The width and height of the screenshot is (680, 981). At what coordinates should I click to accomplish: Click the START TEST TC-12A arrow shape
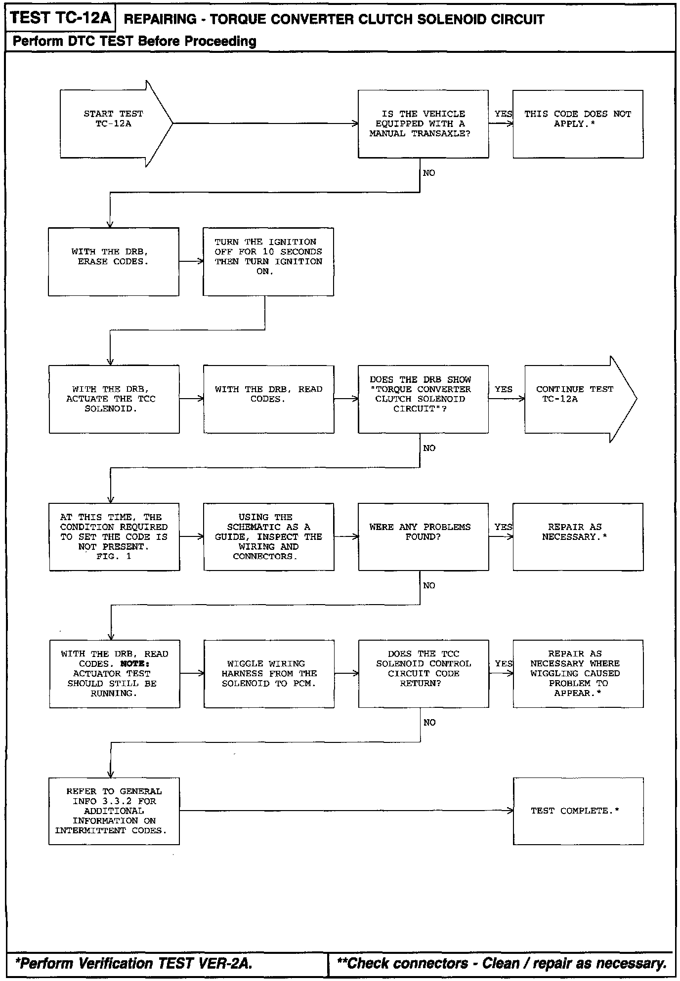114,123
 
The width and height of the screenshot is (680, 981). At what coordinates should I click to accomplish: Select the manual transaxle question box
423,124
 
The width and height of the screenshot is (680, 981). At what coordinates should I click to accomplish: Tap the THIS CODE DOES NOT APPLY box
578,124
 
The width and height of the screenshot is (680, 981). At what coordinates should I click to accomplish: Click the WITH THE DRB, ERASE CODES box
113,261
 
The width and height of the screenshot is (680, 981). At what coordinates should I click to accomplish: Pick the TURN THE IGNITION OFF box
268,261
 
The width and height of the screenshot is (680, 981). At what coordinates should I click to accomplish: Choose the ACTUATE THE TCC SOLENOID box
114,399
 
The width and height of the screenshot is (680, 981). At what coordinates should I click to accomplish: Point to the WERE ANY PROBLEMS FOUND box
423,536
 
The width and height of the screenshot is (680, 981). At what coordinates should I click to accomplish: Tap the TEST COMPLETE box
578,811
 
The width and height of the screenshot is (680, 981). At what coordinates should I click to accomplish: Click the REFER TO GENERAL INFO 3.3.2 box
114,811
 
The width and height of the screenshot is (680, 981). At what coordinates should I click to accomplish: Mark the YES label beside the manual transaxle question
503,114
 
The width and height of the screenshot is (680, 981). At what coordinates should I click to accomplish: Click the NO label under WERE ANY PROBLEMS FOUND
429,585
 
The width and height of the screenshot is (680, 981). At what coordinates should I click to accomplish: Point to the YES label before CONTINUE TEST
504,389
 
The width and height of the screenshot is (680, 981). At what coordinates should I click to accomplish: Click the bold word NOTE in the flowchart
135,664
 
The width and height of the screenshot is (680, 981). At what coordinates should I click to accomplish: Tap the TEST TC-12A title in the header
60,18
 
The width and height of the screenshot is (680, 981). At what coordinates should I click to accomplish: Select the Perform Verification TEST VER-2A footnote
133,963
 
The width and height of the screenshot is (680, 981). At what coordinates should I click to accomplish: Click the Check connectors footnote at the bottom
501,963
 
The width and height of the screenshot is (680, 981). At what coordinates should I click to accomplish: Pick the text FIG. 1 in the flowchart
114,556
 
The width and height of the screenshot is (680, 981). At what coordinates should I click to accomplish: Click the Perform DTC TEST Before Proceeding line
134,41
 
